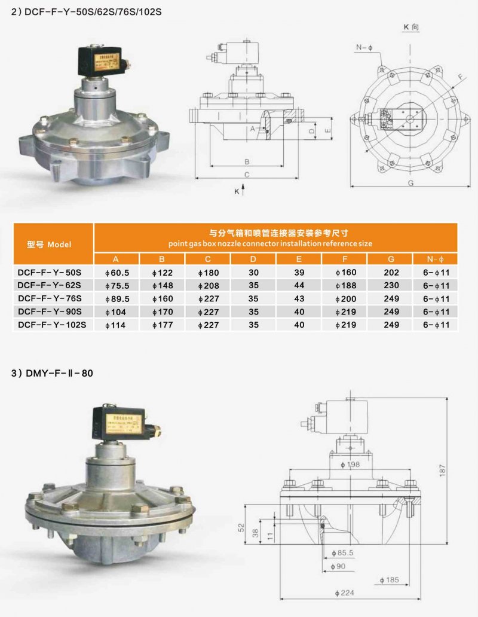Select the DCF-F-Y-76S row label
coord(50,298)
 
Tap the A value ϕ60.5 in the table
coord(117,272)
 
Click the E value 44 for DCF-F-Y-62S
coord(299,285)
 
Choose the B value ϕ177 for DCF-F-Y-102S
coord(163,325)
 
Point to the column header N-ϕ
coord(434,259)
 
